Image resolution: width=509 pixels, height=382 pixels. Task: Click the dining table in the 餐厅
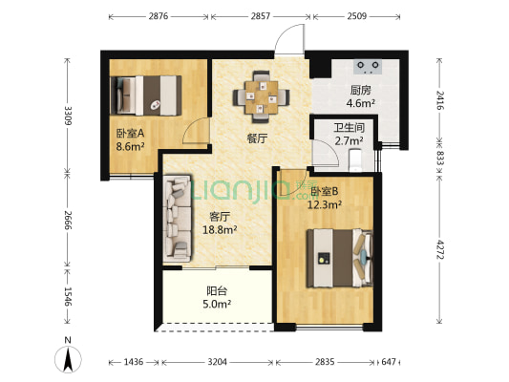(261, 97)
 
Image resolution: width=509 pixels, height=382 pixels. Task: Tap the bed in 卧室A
(146, 95)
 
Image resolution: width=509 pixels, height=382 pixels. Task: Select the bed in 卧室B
(340, 259)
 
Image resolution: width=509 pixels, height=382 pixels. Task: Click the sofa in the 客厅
(177, 219)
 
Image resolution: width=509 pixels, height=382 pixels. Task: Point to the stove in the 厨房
(368, 67)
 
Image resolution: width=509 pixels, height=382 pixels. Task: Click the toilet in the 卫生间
(355, 160)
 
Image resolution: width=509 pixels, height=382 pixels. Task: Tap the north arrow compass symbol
(68, 359)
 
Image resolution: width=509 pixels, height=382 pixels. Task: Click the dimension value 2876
(159, 16)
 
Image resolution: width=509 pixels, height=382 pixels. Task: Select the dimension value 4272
(439, 249)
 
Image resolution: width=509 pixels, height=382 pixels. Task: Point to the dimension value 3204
(217, 362)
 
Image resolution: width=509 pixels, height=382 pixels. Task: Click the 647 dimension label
(389, 362)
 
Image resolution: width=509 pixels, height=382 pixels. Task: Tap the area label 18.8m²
(220, 230)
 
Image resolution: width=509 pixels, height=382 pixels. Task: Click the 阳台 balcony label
(217, 291)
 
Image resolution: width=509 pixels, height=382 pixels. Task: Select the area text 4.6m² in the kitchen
(361, 103)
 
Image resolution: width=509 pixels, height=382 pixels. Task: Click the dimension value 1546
(68, 297)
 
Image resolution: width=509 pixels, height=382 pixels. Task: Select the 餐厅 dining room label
(257, 138)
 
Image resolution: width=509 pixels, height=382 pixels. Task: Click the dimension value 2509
(357, 16)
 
